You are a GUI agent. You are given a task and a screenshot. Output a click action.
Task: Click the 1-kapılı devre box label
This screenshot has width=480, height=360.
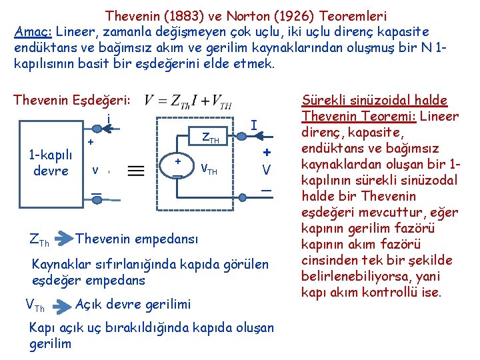pos(51,162)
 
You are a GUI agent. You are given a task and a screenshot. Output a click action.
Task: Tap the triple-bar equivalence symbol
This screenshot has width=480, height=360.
pos(136,171)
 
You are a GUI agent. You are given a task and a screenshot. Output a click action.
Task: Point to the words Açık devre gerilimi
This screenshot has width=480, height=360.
pos(133,305)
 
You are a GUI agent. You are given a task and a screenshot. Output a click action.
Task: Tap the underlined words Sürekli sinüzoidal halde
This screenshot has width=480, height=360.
pos(374,101)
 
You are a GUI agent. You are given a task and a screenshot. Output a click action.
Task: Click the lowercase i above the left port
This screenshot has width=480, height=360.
pos(109,119)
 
